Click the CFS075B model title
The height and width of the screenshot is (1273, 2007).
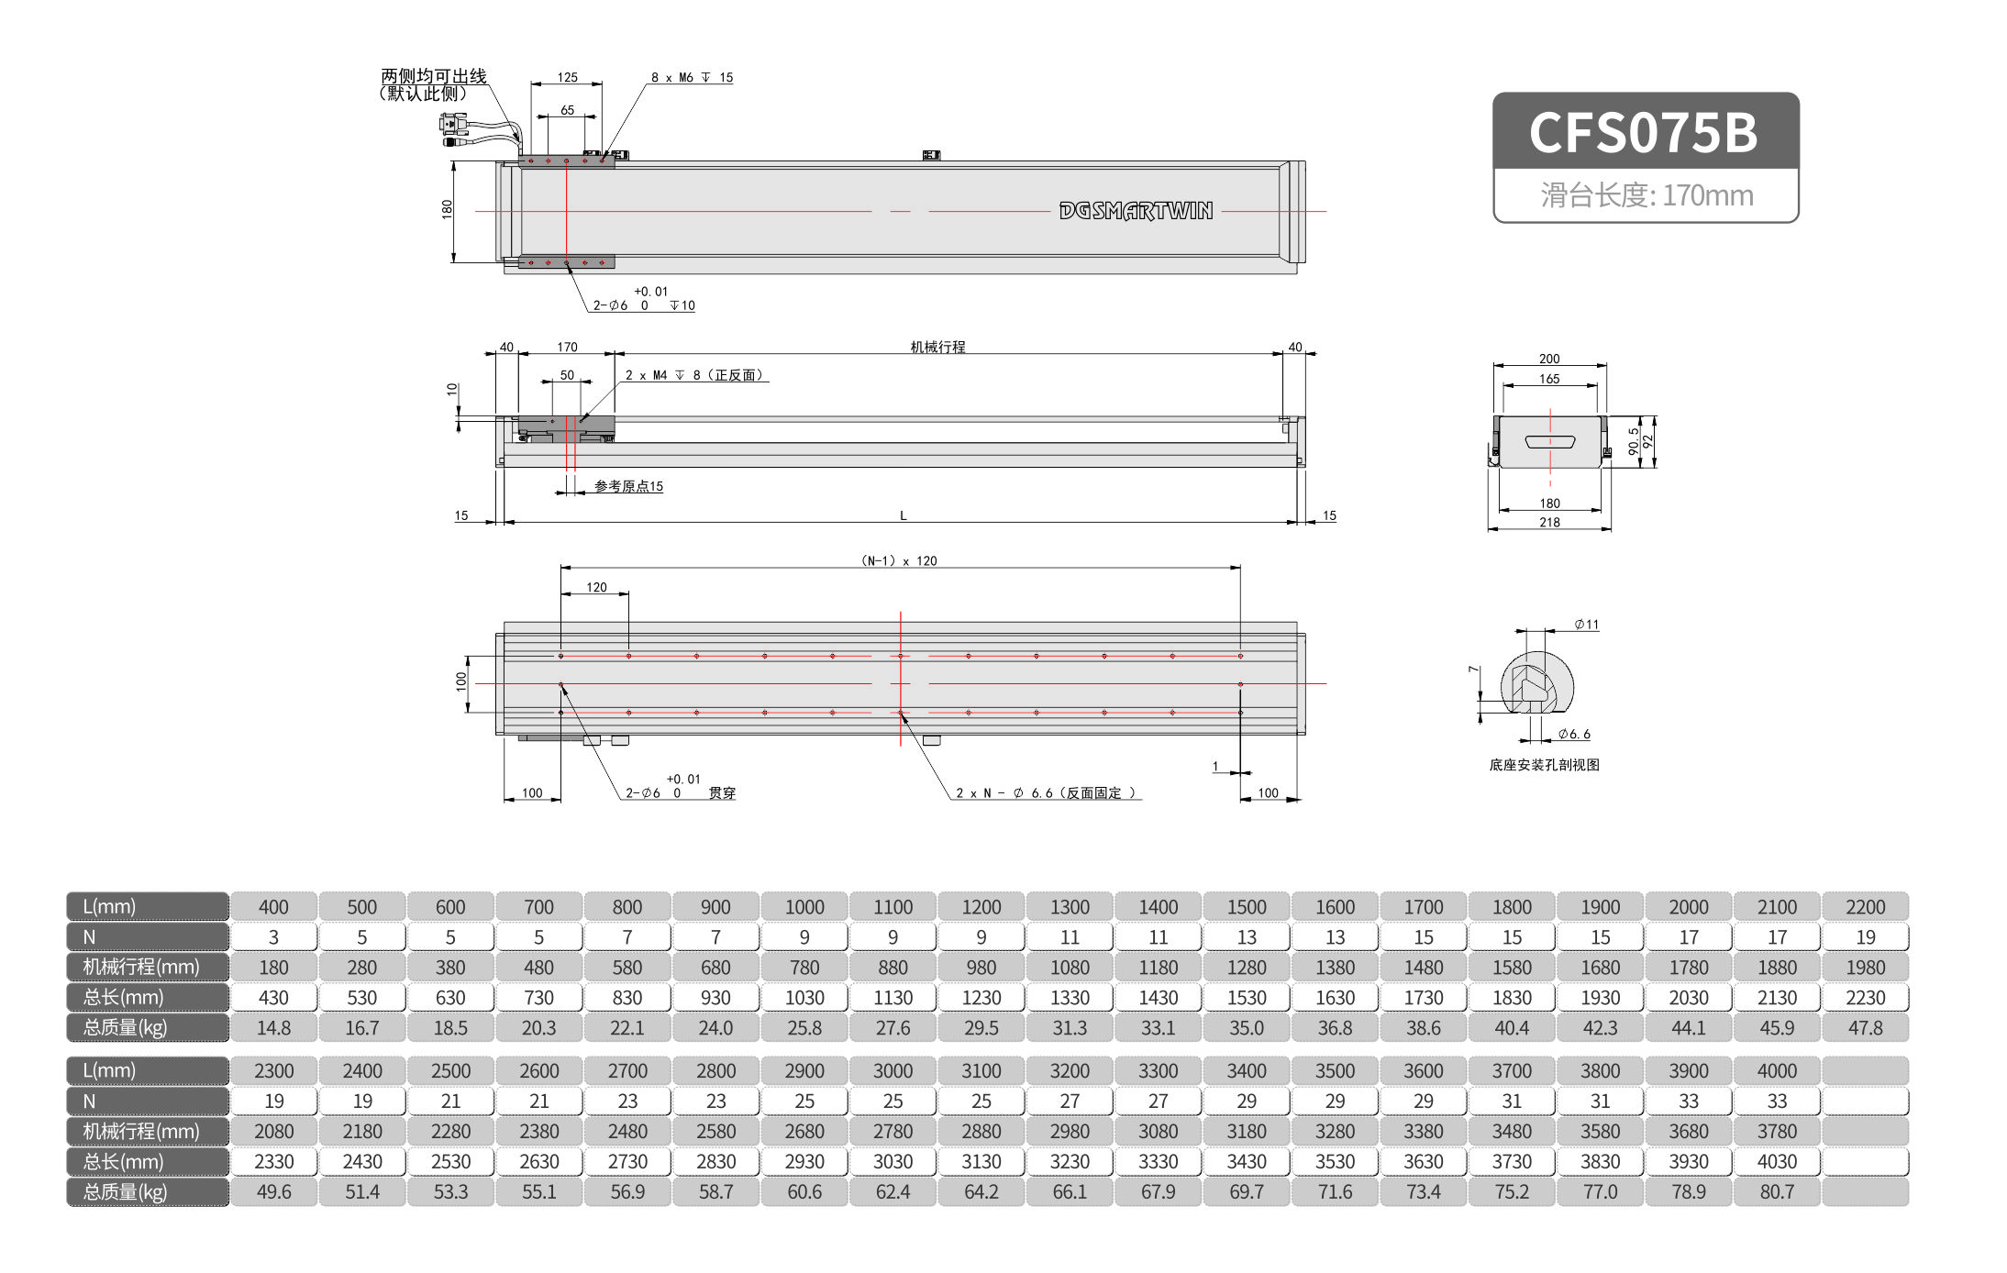(1643, 132)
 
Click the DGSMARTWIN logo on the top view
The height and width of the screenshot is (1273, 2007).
(1135, 211)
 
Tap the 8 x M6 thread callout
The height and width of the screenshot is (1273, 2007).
(692, 78)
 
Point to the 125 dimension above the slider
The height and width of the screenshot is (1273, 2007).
(567, 78)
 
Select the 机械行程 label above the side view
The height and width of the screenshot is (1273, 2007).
(937, 347)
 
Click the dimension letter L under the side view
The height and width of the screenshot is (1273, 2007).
(903, 515)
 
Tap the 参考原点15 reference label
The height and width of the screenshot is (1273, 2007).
(628, 486)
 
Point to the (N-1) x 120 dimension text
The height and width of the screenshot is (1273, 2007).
(899, 560)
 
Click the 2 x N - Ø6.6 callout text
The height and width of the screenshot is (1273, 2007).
(1045, 793)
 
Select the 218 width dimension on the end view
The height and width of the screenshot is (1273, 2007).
(1549, 522)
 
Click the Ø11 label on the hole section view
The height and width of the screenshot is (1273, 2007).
(1586, 625)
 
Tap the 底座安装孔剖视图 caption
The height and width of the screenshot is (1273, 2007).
(1544, 765)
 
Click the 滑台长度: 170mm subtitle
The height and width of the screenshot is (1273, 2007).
(1646, 195)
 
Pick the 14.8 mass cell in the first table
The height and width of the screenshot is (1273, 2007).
(273, 1028)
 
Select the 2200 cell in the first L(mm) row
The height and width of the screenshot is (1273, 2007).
(1865, 907)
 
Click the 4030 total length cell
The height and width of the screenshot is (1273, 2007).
(1776, 1162)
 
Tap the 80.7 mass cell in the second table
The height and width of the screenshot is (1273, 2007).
(1776, 1192)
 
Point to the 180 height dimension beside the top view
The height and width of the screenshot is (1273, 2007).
(447, 209)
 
